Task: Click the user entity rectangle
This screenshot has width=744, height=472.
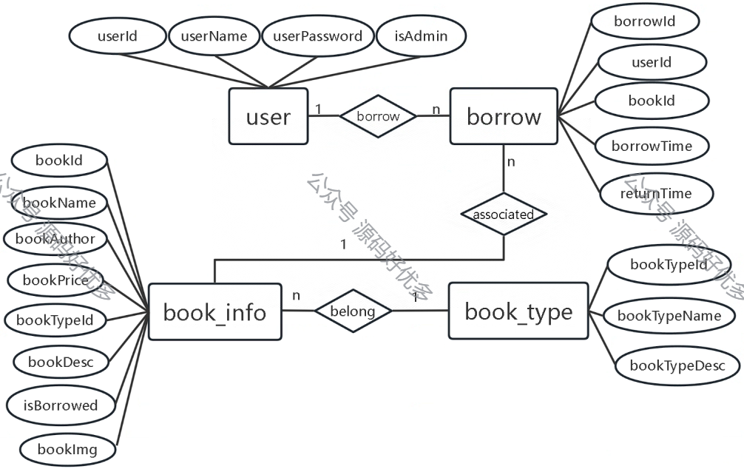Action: coord(268,116)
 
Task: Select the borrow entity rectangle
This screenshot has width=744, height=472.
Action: coord(504,116)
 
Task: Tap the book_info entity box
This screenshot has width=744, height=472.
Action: coord(215,311)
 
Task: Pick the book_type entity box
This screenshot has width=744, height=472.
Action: coord(518,311)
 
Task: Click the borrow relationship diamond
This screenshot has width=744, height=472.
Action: coord(378,116)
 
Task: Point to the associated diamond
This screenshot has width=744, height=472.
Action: coord(504,214)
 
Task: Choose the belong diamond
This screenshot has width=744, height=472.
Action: coord(353,311)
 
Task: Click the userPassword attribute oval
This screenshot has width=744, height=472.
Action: coord(317,36)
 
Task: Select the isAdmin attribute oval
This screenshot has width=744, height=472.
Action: coord(421,36)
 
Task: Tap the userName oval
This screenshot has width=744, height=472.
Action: coord(214,36)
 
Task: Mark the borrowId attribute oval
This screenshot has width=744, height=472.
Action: coord(644,21)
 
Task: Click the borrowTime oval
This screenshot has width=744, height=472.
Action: coord(652,146)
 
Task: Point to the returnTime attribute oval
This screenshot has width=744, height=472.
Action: coord(656,194)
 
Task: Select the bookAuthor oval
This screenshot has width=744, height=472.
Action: coord(55,238)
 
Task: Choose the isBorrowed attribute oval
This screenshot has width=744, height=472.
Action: coord(61,405)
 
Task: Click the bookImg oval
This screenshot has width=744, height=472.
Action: coord(67,449)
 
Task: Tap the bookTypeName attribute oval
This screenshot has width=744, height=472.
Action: coord(669,316)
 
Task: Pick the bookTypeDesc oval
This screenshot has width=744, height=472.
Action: coord(677,365)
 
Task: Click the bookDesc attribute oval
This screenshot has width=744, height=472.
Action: coord(61,362)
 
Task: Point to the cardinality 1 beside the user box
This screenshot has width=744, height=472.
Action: coord(318,109)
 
